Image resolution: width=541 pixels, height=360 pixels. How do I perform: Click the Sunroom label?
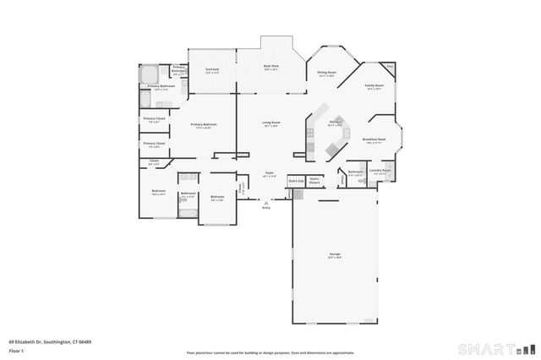[212, 69]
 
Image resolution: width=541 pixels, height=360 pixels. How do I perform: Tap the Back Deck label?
[270, 67]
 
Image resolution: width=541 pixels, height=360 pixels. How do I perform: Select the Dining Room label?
[326, 73]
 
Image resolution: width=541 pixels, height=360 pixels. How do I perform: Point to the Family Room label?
[374, 86]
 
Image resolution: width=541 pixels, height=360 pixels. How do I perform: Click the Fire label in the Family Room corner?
[390, 65]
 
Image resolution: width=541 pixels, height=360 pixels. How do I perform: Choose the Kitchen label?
[336, 122]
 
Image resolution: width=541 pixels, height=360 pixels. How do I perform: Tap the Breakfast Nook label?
[375, 140]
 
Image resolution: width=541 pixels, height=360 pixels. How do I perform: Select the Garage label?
[335, 254]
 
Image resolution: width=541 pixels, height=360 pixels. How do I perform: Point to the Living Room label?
[270, 123]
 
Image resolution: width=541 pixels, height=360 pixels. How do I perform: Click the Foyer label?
[270, 173]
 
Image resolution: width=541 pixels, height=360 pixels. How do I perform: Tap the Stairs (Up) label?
[295, 180]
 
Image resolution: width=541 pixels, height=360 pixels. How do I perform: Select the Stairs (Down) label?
[314, 179]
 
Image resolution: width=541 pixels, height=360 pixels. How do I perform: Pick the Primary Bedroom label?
[203, 125]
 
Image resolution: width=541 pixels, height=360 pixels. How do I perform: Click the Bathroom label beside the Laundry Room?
[355, 172]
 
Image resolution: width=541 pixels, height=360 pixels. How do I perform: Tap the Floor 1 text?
[16, 349]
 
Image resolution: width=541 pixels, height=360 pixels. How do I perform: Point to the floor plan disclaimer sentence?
[270, 352]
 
